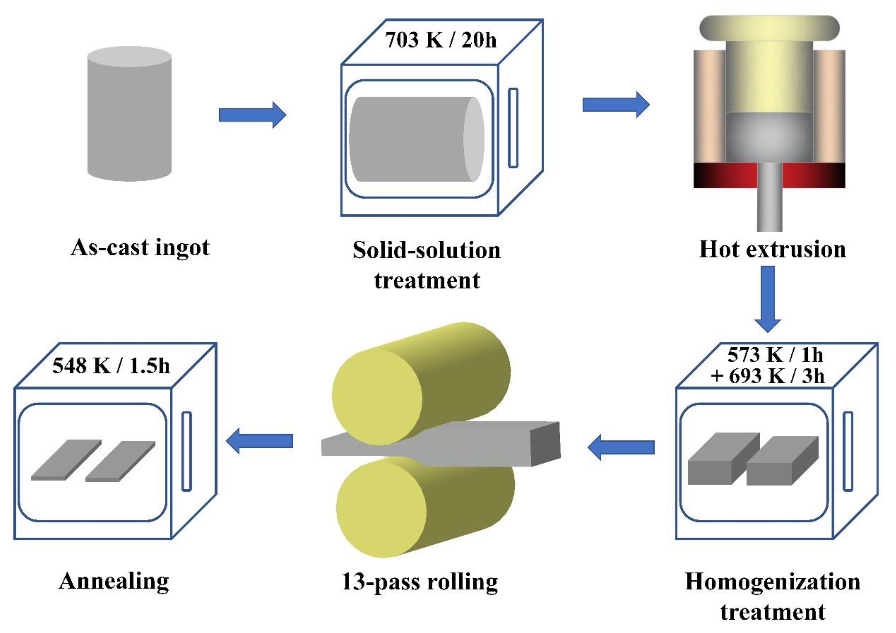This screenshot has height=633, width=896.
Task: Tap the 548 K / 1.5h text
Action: tap(111, 366)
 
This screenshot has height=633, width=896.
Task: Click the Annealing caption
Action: tap(114, 581)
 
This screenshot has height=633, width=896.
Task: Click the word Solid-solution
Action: tap(427, 250)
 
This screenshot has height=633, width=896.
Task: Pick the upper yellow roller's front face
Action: tap(377, 396)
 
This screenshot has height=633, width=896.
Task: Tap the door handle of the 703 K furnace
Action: tap(513, 128)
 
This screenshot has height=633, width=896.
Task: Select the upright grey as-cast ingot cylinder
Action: tap(129, 114)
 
